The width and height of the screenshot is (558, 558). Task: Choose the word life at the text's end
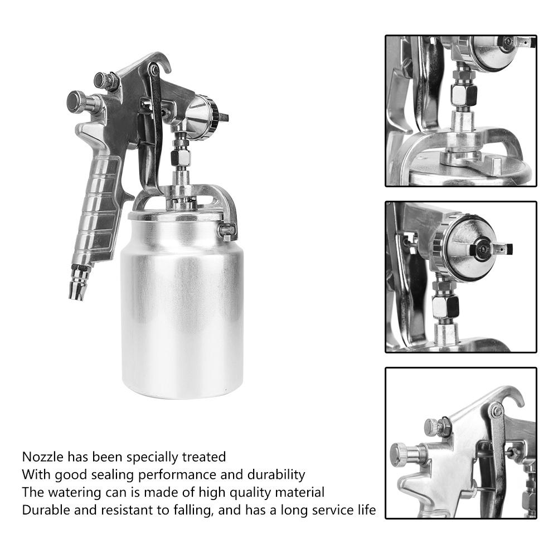(x=366, y=510)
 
